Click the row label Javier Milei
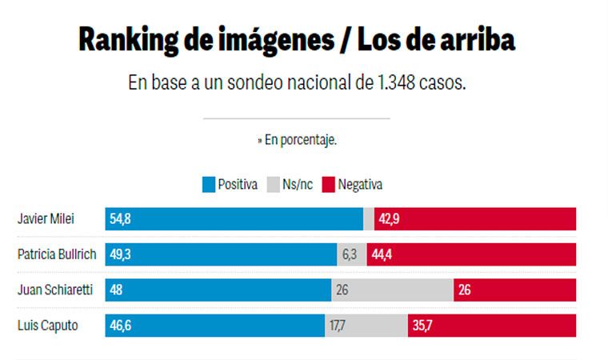click(46, 219)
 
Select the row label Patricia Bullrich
click(57, 254)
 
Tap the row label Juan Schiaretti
click(54, 290)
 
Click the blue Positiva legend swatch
click(210, 185)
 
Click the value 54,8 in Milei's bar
click(120, 219)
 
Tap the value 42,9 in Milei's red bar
click(389, 219)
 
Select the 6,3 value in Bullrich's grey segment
click(349, 254)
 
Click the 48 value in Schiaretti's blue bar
click(117, 290)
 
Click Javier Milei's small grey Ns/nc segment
click(369, 219)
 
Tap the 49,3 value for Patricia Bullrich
click(120, 254)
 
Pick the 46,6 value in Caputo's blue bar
click(120, 325)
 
